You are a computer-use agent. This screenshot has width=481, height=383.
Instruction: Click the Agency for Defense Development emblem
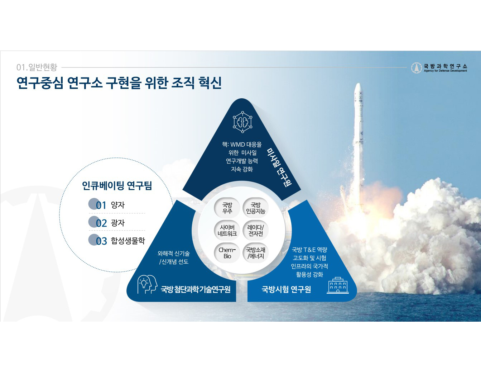[417, 68]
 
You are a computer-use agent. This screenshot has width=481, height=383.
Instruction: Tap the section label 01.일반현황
[37, 67]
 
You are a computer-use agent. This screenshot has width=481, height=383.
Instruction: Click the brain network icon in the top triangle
[242, 122]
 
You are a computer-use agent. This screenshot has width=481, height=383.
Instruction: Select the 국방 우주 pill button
[227, 208]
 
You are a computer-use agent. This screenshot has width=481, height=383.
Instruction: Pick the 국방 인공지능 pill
[255, 208]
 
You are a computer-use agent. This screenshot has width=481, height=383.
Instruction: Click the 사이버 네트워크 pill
[227, 231]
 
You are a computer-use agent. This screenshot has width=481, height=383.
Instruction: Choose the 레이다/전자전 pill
[255, 231]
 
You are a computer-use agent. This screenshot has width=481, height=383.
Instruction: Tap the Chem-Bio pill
[227, 253]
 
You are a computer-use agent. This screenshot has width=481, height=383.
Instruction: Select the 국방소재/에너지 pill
[255, 253]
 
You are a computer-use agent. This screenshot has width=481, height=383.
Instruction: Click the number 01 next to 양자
[101, 205]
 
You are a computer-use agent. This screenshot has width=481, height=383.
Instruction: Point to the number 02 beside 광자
[101, 223]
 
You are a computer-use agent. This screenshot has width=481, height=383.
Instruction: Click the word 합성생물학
[128, 241]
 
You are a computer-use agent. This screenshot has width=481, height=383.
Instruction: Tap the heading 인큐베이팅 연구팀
[117, 185]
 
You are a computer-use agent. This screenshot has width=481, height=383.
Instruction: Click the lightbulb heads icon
[147, 284]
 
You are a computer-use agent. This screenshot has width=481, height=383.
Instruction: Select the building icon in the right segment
[338, 285]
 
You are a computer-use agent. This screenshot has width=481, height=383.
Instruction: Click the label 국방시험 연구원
[286, 289]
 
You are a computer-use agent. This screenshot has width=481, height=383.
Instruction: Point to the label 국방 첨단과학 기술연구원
[196, 289]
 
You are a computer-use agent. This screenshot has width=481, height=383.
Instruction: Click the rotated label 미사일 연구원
[279, 167]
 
